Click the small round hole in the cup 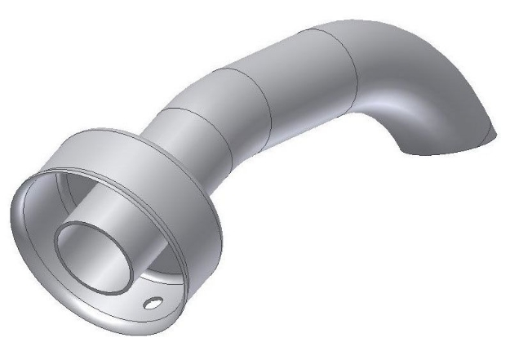pos(152,304)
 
